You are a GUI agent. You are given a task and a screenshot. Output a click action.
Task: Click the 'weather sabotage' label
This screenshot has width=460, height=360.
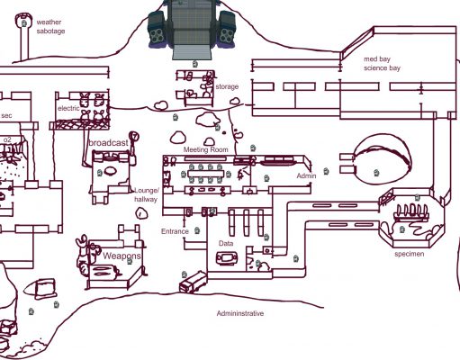pos(50,26)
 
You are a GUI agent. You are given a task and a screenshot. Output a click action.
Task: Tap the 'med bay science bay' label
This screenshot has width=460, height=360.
pos(382,63)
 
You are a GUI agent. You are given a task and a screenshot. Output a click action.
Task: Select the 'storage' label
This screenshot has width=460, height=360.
pos(227,86)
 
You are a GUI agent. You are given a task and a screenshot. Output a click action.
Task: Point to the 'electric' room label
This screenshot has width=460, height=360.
pos(68,108)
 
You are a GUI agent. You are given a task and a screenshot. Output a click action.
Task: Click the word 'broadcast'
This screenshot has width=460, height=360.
pos(108,143)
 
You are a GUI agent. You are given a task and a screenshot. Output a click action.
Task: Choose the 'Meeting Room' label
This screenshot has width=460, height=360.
pos(206,149)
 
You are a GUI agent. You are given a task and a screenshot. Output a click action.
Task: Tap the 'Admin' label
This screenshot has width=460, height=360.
pos(306,175)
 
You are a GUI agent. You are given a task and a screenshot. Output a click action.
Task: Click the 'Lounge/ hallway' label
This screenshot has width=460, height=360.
pos(146,194)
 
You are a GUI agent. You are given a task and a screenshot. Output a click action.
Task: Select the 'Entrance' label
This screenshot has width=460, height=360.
pos(175,231)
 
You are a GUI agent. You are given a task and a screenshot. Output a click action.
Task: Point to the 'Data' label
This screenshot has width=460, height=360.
pos(226,243)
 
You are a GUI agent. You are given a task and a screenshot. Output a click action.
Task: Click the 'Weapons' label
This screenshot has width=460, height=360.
pos(122,256)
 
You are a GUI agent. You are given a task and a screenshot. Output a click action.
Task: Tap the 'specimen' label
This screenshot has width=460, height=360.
pos(410,254)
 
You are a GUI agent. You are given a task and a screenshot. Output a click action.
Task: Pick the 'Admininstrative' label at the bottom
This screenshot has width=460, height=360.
pos(240,313)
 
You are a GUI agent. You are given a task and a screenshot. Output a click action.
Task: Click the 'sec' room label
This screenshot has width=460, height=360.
pos(6,115)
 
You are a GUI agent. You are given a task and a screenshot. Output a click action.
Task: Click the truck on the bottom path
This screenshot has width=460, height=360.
pos(194,282)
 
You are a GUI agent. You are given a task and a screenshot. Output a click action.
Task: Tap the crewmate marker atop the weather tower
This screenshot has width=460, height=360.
pos(24,23)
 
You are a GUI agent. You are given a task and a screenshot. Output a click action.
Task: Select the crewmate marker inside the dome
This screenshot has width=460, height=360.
pos(376,173)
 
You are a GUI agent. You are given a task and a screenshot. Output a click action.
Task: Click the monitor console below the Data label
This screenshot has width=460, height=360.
pos(227,258)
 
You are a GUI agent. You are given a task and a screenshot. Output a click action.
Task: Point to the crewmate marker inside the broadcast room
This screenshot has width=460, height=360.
pos(100,173)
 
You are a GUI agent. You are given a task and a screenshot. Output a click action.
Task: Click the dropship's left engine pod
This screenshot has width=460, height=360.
pos(157,30)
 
